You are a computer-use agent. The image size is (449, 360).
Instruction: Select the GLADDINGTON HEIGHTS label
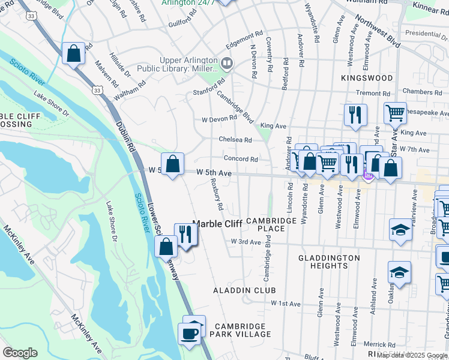tap(329, 262)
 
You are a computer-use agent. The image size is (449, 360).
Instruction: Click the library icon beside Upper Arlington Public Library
tap(227, 62)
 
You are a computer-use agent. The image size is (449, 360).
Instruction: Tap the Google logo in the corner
tap(20, 353)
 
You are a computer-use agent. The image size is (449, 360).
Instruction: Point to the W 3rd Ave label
tap(246, 242)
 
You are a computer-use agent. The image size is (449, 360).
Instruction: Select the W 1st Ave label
tap(285, 304)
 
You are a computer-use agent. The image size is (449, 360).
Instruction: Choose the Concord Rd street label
tap(241, 159)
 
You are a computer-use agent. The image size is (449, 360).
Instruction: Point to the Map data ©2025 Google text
tap(412, 355)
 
